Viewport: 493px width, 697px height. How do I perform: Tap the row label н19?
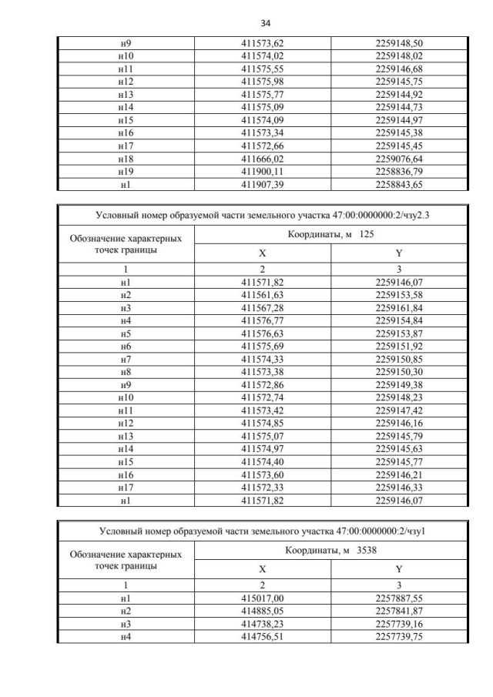124,171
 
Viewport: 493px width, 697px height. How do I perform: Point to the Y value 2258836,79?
397,171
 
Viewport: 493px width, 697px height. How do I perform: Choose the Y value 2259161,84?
397,308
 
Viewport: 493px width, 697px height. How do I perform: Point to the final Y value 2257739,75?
397,636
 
